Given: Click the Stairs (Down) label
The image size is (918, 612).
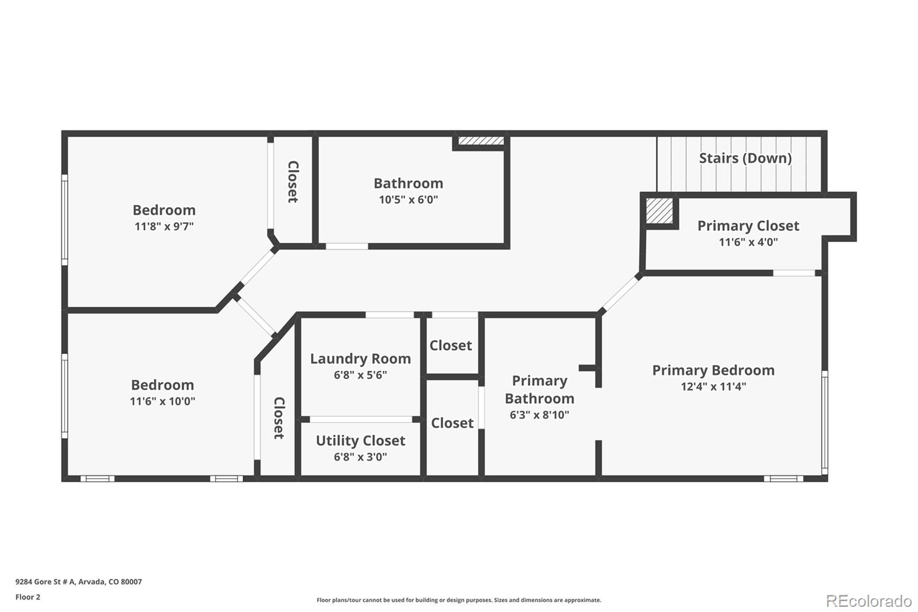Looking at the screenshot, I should tap(745, 158).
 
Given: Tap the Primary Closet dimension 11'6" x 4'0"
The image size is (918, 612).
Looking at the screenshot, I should tap(748, 242).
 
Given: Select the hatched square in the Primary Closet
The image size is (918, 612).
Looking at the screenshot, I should tap(659, 211).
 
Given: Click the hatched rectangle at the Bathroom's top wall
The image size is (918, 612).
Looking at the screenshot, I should tap(481, 141).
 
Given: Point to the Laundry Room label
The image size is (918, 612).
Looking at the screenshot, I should tap(360, 359).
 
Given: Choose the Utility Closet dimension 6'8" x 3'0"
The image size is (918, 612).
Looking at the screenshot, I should tap(360, 457).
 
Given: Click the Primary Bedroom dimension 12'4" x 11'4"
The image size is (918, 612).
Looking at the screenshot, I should tap(713, 386).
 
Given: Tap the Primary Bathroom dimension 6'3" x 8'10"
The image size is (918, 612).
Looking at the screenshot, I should tap(539, 415).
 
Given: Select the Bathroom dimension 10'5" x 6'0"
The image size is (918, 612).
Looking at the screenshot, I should tap(408, 200).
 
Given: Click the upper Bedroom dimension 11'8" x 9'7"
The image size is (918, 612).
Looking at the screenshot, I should tap(164, 226).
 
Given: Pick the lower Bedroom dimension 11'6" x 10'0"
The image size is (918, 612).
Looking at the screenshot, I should tap(162, 401).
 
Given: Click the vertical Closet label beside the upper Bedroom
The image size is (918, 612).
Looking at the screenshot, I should tap(293, 181).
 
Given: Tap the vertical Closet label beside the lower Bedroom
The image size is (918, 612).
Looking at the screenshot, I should tap(279, 418).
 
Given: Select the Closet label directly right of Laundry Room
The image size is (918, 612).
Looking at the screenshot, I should tap(450, 346).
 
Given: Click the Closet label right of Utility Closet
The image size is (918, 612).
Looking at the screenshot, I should tap(452, 423).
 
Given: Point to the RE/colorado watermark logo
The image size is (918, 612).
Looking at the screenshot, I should tap(868, 601).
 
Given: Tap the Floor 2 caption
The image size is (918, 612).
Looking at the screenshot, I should tap(28, 597).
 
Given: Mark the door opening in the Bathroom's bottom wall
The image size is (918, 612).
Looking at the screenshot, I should tap(347, 246).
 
